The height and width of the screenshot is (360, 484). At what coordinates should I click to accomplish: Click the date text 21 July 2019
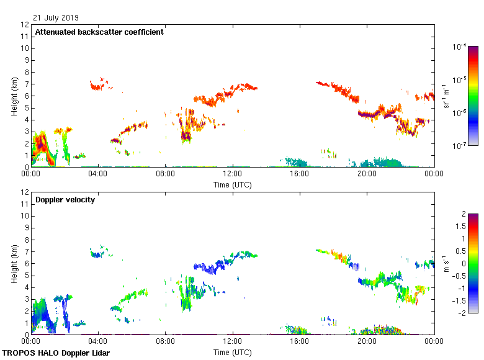[x=56, y=18]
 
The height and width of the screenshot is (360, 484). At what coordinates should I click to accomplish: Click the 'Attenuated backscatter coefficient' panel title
[x=99, y=32]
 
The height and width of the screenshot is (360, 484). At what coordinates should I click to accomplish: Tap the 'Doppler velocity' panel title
[x=65, y=200]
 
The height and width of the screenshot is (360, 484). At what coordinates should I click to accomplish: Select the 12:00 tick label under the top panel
[x=232, y=174]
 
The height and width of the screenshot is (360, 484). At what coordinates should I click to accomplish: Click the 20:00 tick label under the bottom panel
[x=367, y=342]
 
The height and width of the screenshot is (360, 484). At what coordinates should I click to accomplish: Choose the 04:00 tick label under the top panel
[x=98, y=174]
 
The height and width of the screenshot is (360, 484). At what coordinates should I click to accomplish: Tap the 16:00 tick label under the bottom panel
[x=300, y=342]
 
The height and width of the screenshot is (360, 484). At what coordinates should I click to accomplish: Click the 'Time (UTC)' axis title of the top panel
[x=233, y=184]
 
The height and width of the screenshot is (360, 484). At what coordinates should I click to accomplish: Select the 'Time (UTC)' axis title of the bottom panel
[x=233, y=352]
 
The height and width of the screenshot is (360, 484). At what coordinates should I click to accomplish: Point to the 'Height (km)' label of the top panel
[x=14, y=96]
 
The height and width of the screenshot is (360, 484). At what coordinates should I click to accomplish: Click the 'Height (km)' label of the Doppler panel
[x=14, y=263]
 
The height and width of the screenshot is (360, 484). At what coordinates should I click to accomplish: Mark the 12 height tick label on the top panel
[x=25, y=25]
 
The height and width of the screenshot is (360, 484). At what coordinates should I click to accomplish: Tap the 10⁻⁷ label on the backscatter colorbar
[x=460, y=146]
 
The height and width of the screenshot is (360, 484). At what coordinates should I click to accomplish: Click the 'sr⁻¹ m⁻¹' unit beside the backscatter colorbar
[x=446, y=96]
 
